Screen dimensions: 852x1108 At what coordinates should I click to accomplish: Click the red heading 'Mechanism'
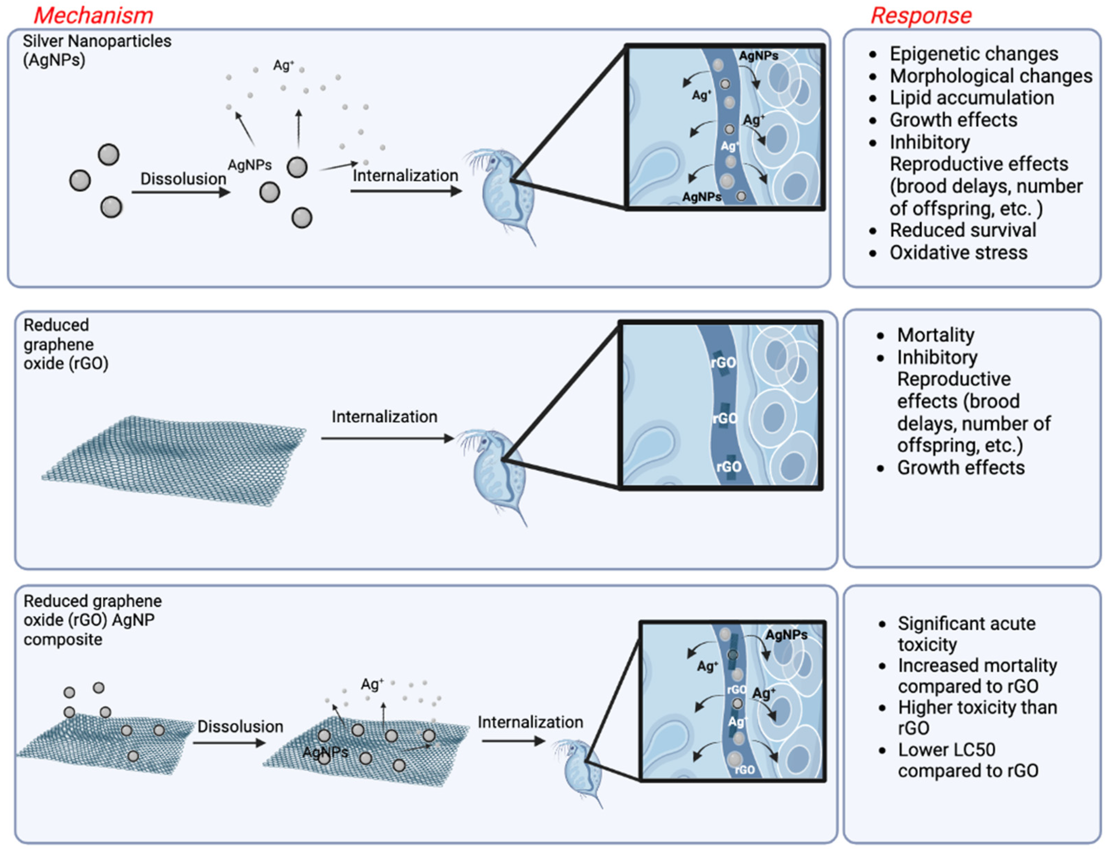click(x=93, y=15)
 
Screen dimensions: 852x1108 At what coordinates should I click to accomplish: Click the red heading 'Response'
click(x=921, y=15)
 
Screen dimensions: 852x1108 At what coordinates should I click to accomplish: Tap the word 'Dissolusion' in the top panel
click(x=183, y=179)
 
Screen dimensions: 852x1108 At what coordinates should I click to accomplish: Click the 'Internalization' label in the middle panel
click(x=384, y=417)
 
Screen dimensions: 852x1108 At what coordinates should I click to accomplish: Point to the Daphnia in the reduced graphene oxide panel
click(x=494, y=472)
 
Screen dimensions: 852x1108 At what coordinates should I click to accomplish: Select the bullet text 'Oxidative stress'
click(x=958, y=253)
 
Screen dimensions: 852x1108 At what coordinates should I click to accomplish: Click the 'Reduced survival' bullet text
click(x=962, y=230)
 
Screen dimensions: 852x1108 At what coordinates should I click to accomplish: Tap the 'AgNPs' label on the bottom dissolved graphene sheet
click(x=325, y=752)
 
